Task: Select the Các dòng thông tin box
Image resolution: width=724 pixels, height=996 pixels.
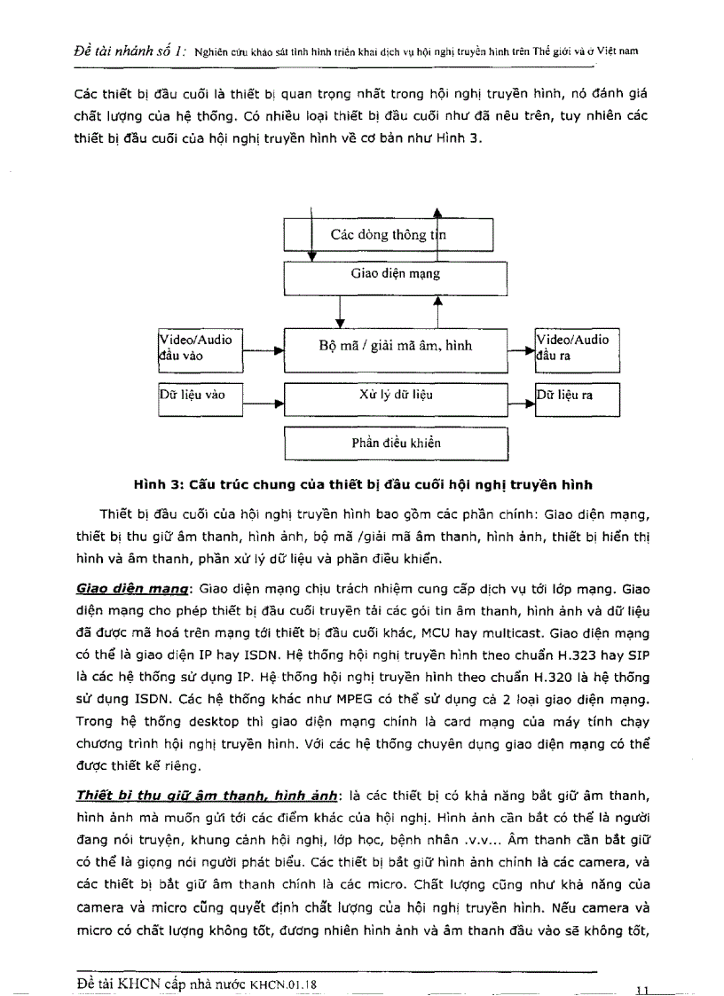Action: tap(387, 235)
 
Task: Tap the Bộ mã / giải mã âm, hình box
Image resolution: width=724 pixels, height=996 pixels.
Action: tap(395, 348)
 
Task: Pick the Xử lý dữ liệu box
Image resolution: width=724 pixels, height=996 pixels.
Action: tap(395, 395)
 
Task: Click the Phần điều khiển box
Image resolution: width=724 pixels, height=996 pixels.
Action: tap(395, 443)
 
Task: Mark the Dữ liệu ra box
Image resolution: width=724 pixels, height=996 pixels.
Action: tap(576, 396)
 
